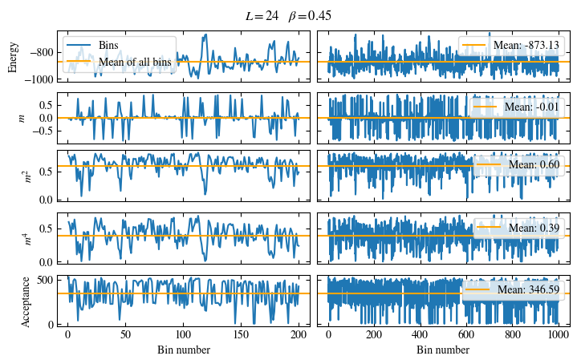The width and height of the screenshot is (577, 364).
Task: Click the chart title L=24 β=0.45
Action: tap(288, 15)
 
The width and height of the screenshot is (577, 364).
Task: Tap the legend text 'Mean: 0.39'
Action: tap(533, 228)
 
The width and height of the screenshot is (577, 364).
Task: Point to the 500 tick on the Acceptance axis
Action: tap(45, 280)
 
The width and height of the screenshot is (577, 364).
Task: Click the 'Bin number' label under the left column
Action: tap(183, 350)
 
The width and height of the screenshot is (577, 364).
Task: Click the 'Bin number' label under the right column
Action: tap(444, 350)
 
